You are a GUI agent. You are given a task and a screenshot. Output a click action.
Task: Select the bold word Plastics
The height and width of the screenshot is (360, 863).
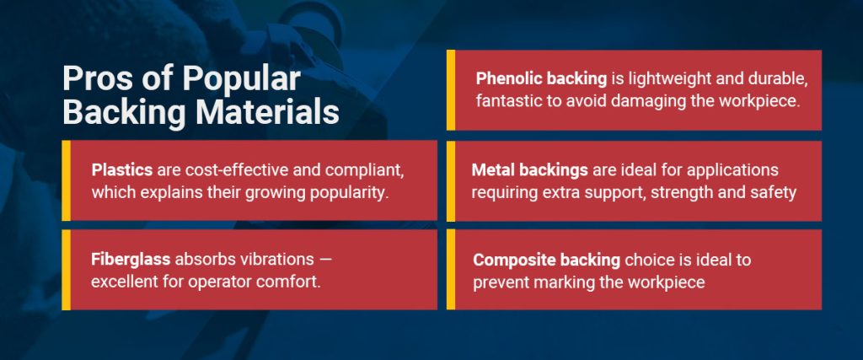pyautogui.click(x=122, y=169)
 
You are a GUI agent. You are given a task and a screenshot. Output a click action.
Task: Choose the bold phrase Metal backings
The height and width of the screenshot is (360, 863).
pyautogui.click(x=528, y=169)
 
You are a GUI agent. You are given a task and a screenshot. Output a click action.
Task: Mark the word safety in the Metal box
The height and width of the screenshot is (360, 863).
pyautogui.click(x=774, y=192)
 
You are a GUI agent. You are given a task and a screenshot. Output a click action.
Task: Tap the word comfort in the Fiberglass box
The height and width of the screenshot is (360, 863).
pyautogui.click(x=288, y=281)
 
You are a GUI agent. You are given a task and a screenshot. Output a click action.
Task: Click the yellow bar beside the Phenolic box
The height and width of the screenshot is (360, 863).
pyautogui.click(x=451, y=89)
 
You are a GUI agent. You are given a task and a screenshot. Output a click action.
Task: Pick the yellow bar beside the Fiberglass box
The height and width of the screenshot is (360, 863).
pyautogui.click(x=66, y=269)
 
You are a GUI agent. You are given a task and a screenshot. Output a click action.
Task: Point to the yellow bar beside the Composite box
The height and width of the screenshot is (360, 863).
pyautogui.click(x=451, y=269)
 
